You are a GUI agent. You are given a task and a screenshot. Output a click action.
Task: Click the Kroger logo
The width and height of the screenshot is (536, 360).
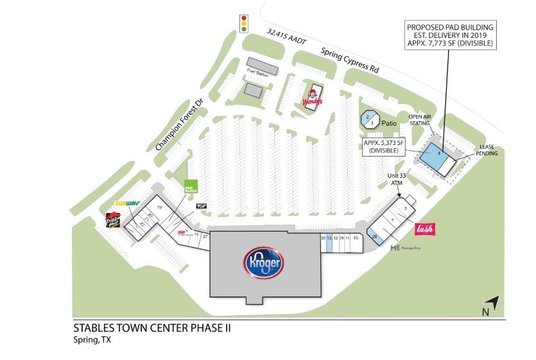264,262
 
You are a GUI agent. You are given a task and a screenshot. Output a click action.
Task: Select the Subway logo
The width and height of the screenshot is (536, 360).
127,203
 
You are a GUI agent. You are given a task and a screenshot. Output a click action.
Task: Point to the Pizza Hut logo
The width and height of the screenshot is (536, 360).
113,221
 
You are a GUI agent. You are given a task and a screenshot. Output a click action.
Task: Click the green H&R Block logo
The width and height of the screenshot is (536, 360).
191,186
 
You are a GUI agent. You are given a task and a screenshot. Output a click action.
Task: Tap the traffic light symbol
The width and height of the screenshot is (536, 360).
243,24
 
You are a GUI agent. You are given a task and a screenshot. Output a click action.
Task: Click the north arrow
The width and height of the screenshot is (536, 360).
490,305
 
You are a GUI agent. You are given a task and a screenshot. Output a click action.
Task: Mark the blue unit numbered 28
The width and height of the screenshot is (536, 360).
375,237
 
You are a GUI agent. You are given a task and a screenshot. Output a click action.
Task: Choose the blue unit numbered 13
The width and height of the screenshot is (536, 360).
329,238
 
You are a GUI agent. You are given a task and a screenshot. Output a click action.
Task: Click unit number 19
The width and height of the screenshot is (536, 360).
159,208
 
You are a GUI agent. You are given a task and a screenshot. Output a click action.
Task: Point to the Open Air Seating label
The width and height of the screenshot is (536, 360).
421,121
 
